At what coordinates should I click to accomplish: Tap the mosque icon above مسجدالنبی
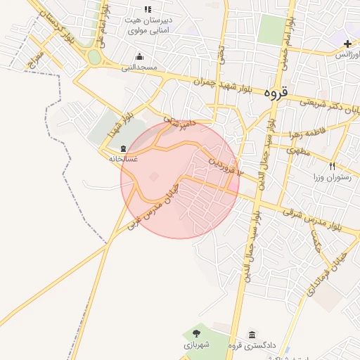pyautogui.click(x=139, y=57)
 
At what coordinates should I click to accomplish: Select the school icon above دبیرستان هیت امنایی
pyautogui.click(x=148, y=9)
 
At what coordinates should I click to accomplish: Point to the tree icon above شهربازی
pyautogui.click(x=195, y=333)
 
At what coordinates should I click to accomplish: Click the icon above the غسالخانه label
pyautogui.click(x=124, y=148)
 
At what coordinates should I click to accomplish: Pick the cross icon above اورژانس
pyautogui.click(x=347, y=44)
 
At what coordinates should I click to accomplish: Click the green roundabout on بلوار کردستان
pyautogui.click(x=94, y=57)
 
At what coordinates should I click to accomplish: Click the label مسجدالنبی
pyautogui.click(x=139, y=67)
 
